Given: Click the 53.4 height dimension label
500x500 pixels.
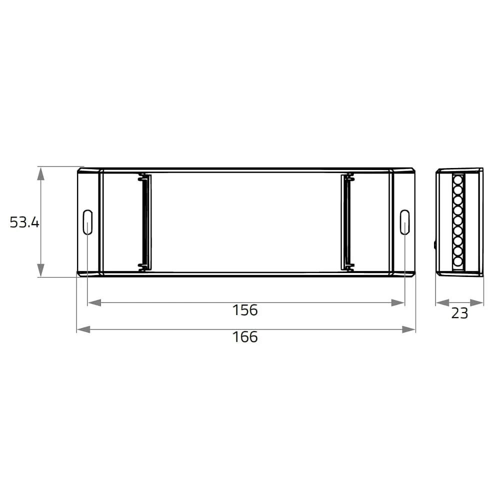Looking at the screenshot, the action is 24,222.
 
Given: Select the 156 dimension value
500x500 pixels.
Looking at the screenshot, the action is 245,310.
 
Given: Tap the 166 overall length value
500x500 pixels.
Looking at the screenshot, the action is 245,337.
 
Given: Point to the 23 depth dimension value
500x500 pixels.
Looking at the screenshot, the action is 459,313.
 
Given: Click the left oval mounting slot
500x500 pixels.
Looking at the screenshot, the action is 87,222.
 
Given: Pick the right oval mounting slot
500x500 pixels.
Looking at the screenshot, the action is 404,222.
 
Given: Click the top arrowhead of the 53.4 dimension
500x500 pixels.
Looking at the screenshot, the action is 40,173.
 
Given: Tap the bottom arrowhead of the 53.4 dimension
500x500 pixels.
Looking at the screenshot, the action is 40,270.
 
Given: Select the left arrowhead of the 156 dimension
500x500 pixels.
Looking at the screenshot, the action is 94,302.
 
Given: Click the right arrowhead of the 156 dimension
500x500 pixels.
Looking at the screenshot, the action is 397,302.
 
